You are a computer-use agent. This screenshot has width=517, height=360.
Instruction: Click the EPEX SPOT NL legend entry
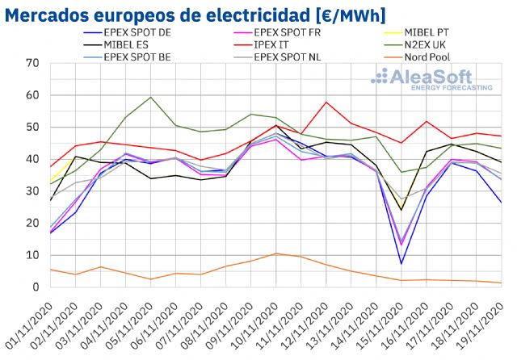tap(292, 57)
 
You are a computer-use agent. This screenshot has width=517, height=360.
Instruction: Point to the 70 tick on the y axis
tap(32, 63)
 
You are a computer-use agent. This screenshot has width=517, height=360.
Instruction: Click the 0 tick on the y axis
tap(36, 287)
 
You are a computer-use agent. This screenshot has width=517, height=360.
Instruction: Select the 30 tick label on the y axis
tap(32, 191)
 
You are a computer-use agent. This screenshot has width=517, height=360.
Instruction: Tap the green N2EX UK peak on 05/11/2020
tap(151, 97)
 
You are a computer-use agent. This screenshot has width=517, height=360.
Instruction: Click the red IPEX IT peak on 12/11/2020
tap(326, 102)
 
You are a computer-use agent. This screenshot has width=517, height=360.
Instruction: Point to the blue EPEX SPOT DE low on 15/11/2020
tap(401, 263)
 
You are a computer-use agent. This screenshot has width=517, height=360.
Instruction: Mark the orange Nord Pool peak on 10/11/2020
tap(275, 253)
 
